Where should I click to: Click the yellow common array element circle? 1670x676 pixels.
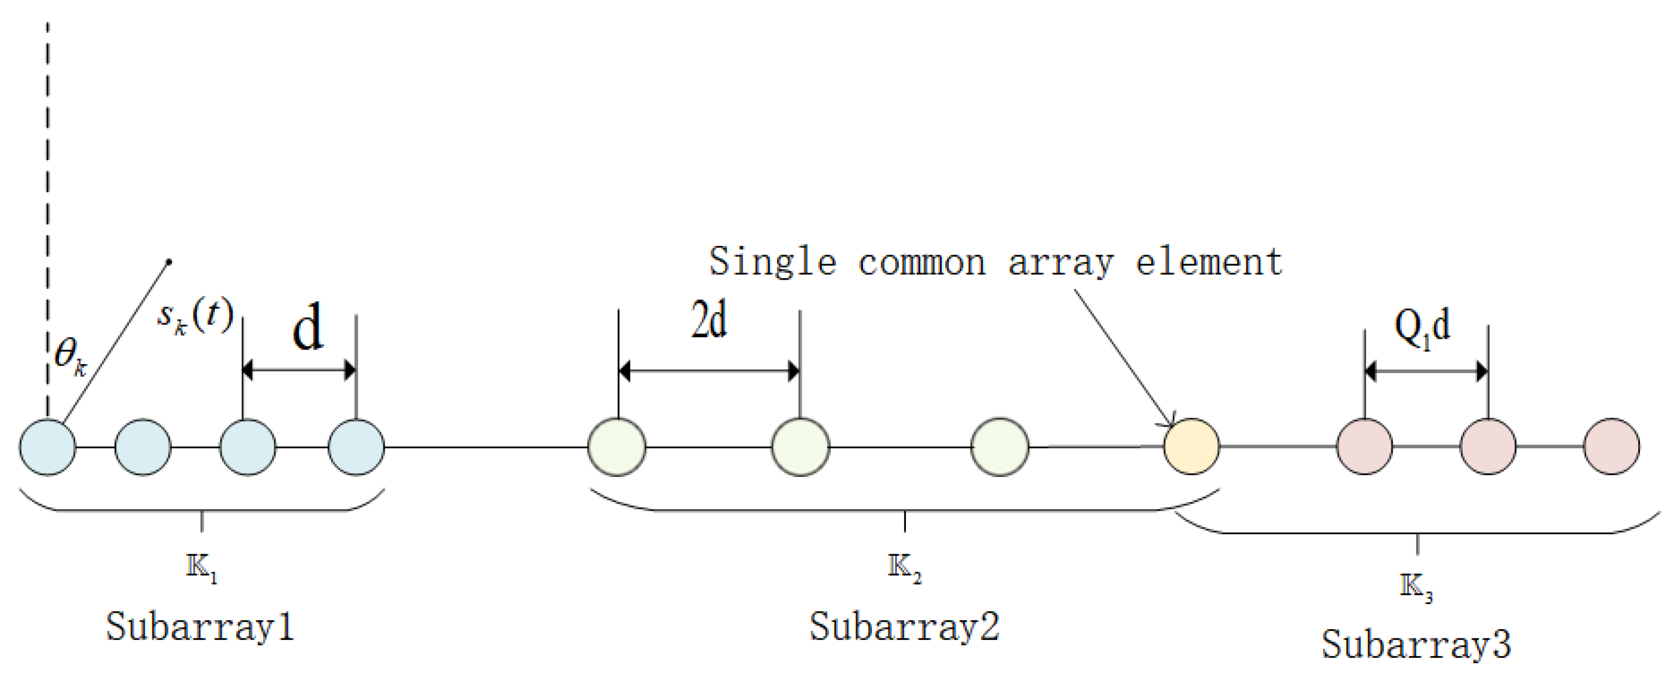1191,447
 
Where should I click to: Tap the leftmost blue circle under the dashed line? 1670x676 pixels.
47,447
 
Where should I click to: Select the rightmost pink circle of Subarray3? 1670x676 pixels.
1611,447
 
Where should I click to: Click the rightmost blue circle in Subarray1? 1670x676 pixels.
356,447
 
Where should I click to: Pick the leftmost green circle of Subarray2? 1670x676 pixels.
616,447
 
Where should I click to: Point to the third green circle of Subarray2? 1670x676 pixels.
1000,447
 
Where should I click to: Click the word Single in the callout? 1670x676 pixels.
772,262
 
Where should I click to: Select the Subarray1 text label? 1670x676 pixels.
200,627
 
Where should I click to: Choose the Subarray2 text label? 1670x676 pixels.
904,627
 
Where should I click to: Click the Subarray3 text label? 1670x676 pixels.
1417,644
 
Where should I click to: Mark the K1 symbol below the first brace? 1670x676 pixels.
201,569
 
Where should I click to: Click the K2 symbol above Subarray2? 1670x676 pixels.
904,569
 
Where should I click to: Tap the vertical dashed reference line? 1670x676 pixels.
47,194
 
